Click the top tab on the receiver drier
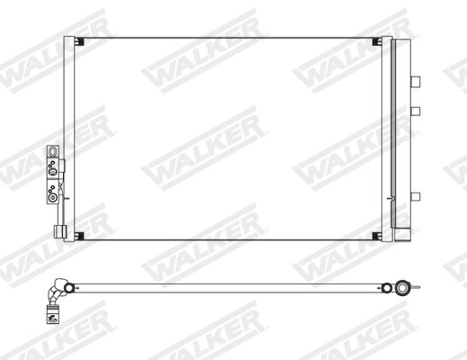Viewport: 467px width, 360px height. [x=416, y=80]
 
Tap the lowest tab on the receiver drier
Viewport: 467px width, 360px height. [x=416, y=196]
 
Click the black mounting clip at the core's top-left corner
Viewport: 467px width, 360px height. [x=78, y=44]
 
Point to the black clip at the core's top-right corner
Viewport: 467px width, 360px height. [x=376, y=44]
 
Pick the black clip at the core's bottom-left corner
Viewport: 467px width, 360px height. [x=78, y=236]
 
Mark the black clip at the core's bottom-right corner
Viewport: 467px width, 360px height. [x=376, y=236]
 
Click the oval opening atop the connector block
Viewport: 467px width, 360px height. [x=53, y=152]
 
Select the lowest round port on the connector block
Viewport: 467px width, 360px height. [x=53, y=197]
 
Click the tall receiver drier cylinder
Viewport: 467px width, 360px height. [x=401, y=135]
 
